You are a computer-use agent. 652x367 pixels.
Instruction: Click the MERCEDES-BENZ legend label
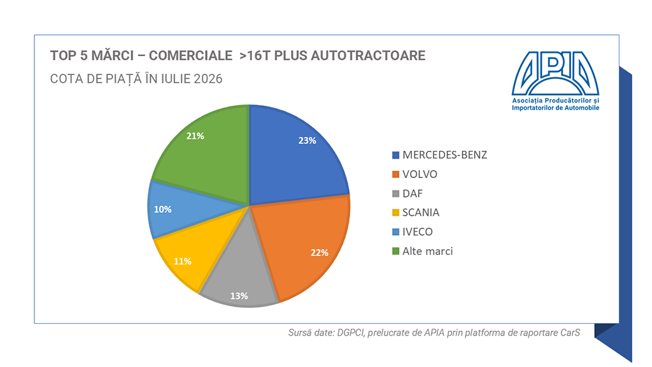click(444, 155)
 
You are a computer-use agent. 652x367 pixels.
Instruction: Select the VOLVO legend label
click(420, 175)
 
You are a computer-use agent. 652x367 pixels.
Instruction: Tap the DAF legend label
click(412, 194)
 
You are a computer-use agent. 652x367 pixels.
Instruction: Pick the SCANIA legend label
click(420, 213)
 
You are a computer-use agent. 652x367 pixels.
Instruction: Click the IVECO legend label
click(417, 232)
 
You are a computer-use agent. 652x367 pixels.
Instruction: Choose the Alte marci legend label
click(427, 251)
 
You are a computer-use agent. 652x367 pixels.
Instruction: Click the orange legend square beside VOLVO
click(395, 175)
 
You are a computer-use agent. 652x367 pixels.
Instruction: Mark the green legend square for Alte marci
click(395, 251)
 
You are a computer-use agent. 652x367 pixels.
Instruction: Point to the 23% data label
click(307, 141)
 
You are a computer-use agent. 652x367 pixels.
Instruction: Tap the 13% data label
click(239, 296)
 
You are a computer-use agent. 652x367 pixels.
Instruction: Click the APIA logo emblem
click(555, 74)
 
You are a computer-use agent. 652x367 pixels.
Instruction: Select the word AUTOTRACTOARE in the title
click(368, 55)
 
